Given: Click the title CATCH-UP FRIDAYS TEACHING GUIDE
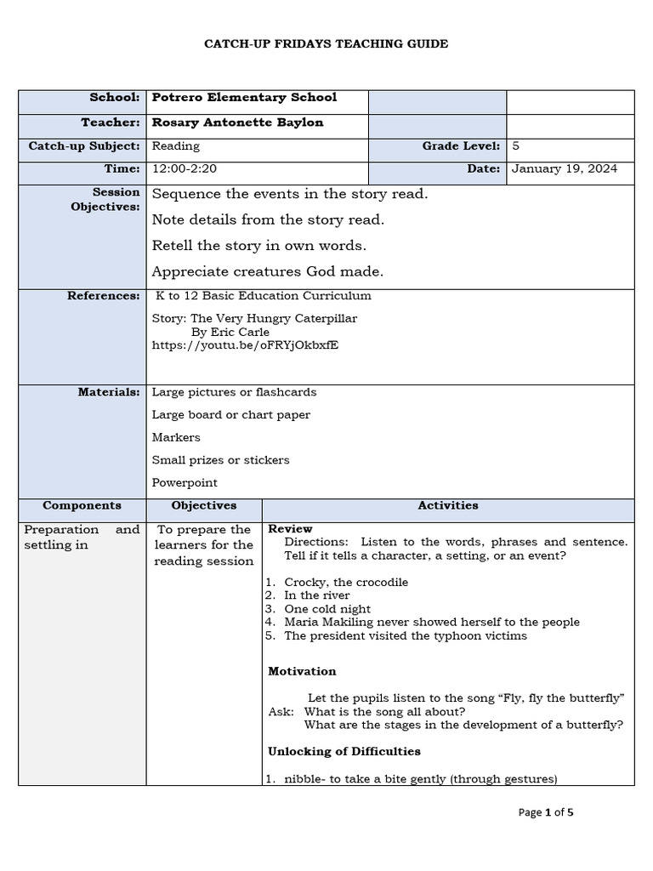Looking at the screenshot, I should coord(326,44).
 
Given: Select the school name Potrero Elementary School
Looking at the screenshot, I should coord(244,98).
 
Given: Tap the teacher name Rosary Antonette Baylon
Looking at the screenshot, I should coord(237,122).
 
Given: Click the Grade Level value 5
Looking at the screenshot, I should coord(516,146).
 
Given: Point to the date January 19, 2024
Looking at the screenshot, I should coord(565,169).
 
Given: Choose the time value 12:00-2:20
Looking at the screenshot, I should coord(184,169).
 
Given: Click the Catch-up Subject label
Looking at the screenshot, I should coord(84,146).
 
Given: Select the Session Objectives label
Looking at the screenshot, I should coord(105,200).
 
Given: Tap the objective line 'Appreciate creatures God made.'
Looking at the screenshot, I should coord(268,272).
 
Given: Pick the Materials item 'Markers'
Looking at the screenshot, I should coord(176,437).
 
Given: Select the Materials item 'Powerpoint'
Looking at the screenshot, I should coord(185,482).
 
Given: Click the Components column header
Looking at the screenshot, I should coord(82,505).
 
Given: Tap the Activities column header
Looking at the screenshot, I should coord(448,505).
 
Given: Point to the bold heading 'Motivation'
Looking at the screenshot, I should coord(302,671).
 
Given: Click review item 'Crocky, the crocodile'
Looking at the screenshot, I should coord(346,582).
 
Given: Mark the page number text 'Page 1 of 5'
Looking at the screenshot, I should coord(546,812).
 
